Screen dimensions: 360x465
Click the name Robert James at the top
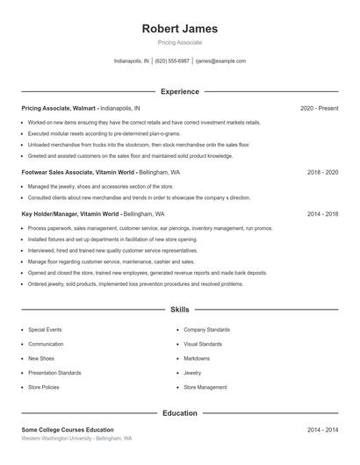[x=179, y=28]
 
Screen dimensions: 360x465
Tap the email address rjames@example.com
[x=220, y=61]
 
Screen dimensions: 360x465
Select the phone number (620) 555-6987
[x=172, y=61]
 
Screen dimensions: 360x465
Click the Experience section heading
[x=179, y=91]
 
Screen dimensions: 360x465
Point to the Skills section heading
[x=179, y=310]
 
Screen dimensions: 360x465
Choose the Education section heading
[x=179, y=412]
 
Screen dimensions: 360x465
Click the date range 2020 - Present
[x=319, y=108]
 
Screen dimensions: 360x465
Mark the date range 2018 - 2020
[x=322, y=173]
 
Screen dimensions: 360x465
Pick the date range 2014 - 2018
[x=322, y=213]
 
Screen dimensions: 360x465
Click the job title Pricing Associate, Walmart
[x=58, y=108]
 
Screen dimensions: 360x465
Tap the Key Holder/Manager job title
[x=57, y=213]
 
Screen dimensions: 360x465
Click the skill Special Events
[x=45, y=330]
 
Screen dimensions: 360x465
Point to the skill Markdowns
[x=197, y=358]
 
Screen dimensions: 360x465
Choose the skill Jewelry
[x=192, y=373]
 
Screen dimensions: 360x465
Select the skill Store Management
[x=205, y=387]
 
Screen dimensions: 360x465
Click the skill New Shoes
[x=41, y=358]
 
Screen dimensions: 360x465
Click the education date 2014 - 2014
[x=322, y=430]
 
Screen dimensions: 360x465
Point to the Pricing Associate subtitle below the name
[x=179, y=42]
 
